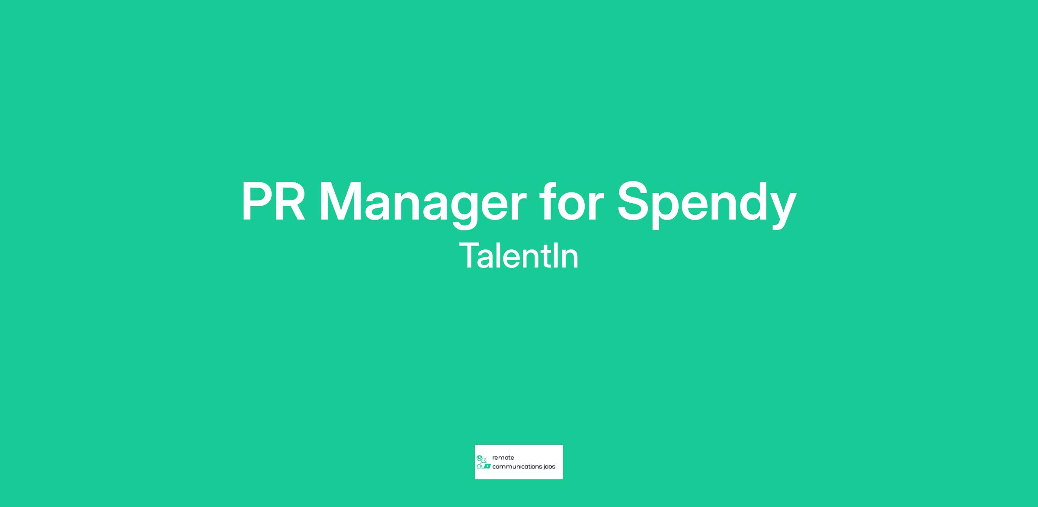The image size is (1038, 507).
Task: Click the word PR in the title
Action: [x=273, y=201]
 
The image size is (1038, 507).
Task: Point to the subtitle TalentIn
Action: [x=519, y=256]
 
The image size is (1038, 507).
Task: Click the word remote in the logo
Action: [x=503, y=458]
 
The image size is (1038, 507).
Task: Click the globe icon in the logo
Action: [x=479, y=458]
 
